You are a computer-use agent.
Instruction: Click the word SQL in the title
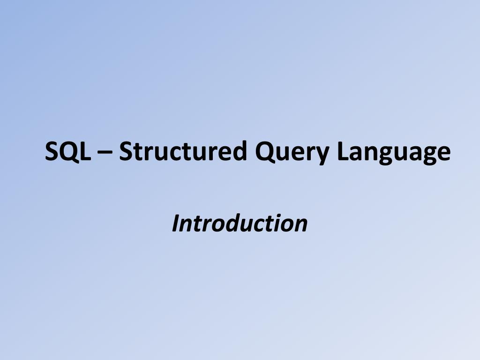(x=68, y=151)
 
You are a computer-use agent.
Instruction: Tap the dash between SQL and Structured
(x=105, y=152)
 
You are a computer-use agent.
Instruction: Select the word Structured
(x=183, y=150)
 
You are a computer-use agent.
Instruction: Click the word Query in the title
(x=292, y=153)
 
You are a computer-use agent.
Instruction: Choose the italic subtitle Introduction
(x=240, y=223)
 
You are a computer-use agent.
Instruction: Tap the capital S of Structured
(x=126, y=151)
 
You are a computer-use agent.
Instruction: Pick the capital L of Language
(x=344, y=151)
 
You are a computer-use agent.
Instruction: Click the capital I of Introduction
(x=176, y=224)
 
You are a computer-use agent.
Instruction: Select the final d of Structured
(x=239, y=150)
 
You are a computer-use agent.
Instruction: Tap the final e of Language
(x=443, y=153)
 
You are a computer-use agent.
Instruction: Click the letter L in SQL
(x=86, y=151)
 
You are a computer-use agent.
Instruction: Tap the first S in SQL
(x=51, y=151)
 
